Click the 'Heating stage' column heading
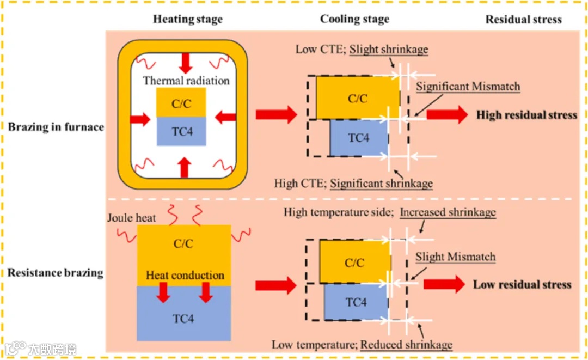187,19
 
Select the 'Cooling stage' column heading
354,19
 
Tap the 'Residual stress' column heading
523,19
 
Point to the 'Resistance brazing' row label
55,272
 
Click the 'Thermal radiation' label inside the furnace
186,81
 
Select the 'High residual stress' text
526,115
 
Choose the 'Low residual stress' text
522,284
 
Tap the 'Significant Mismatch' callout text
468,86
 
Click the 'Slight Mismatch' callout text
455,257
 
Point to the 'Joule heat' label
132,218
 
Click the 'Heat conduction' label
185,275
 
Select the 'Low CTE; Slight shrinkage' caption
362,50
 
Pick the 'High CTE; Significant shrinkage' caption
353,182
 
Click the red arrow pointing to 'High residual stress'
446,115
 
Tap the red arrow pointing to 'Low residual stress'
443,284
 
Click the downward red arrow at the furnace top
186,63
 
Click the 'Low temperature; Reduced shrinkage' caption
362,344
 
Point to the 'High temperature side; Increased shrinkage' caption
389,212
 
